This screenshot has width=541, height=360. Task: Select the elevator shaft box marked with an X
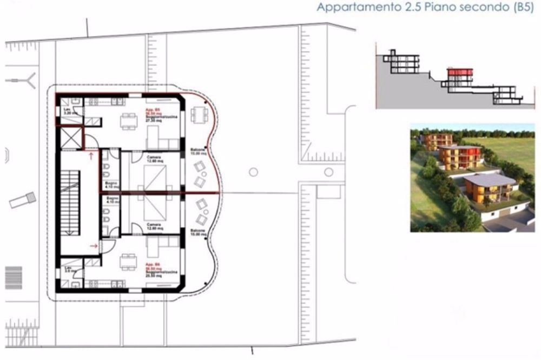click(x=70, y=136)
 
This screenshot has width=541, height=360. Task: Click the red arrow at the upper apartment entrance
click(x=90, y=156)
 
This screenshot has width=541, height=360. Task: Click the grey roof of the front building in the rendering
click(x=486, y=179)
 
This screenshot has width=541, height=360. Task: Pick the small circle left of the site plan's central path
click(x=253, y=172)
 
